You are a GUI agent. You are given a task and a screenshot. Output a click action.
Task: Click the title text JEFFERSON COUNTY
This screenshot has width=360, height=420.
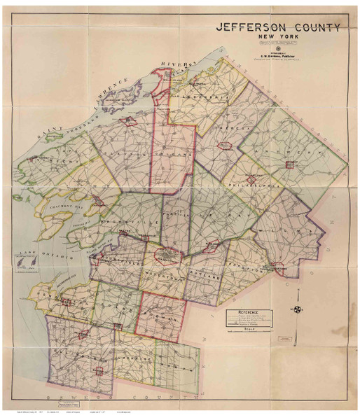click(x=279, y=28)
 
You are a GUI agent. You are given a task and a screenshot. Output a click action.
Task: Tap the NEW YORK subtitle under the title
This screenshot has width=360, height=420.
click(x=279, y=40)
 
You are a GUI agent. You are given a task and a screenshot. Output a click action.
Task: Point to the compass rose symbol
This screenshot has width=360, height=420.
click(x=298, y=310)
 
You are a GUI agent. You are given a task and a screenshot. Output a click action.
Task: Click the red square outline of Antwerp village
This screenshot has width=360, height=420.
click(x=289, y=164)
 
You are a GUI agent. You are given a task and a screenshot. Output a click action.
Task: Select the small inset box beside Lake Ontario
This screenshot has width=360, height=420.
click(x=19, y=267)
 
